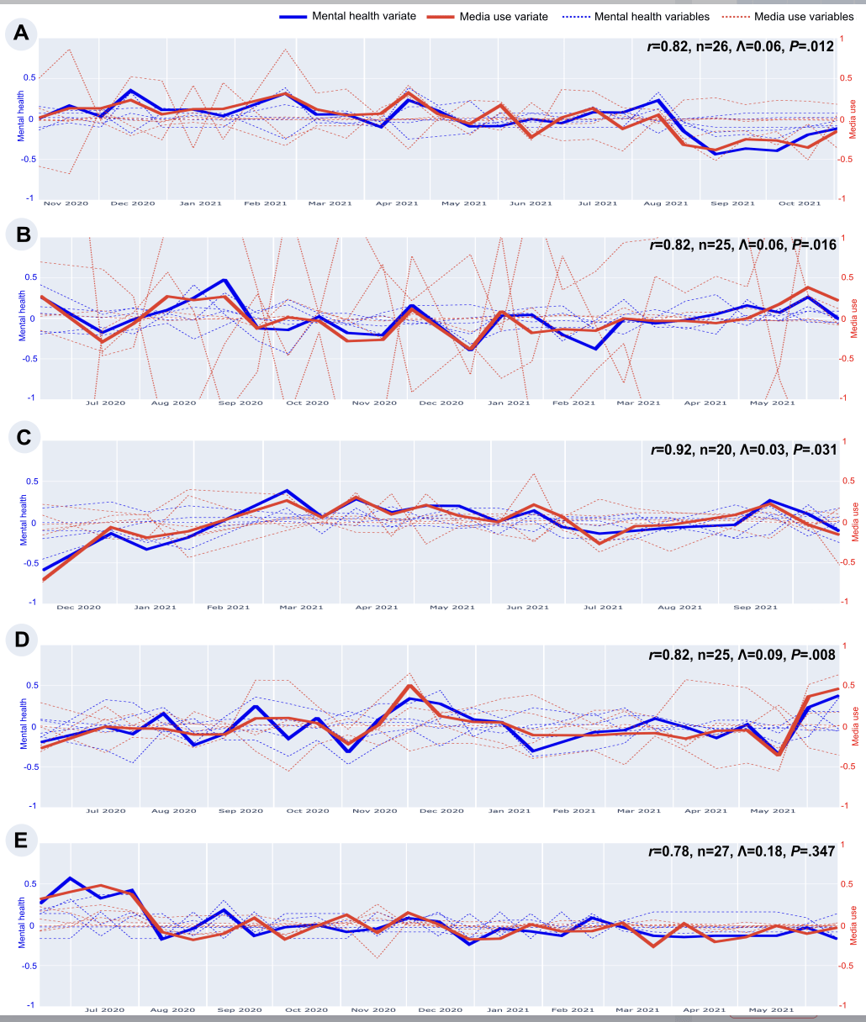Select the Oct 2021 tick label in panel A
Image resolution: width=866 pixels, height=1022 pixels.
pyautogui.click(x=800, y=203)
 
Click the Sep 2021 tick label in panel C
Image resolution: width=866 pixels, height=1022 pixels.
pyautogui.click(x=755, y=607)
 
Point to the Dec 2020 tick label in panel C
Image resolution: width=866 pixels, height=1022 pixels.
pyautogui.click(x=78, y=607)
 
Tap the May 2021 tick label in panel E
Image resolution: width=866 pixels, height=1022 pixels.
pyautogui.click(x=772, y=1009)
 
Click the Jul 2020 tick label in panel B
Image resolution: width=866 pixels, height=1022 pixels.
pyautogui.click(x=106, y=403)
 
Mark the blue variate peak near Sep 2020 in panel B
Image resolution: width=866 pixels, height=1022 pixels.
pyautogui.click(x=224, y=280)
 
